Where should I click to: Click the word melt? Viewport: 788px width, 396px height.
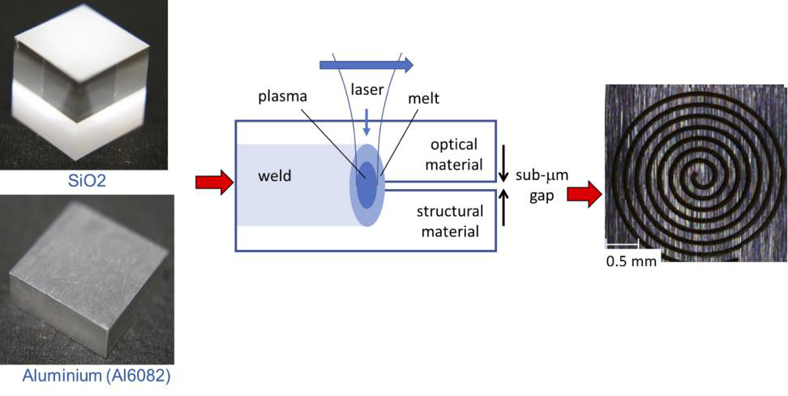pyautogui.click(x=425, y=98)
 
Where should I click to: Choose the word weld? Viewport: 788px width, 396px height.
pyautogui.click(x=276, y=177)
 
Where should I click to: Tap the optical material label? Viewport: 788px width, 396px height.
pyautogui.click(x=454, y=154)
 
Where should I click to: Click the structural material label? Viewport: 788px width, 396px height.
pyautogui.click(x=450, y=221)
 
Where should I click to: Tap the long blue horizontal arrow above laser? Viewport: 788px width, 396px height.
pyautogui.click(x=366, y=64)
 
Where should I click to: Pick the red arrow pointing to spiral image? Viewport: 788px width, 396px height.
pyautogui.click(x=585, y=194)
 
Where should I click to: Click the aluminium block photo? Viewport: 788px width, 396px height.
pyautogui.click(x=87, y=280)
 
